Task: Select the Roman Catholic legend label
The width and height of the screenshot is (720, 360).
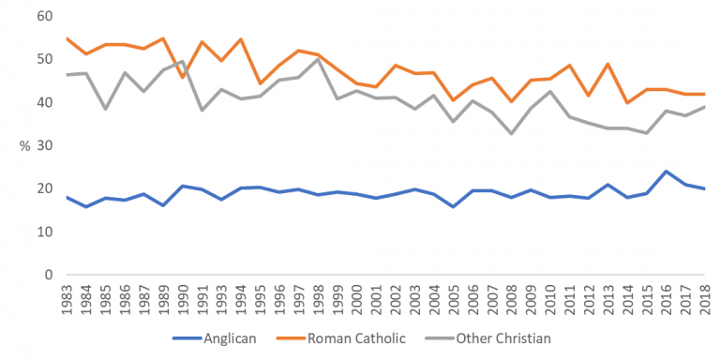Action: click(361, 338)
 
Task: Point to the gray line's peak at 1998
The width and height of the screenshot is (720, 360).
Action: click(322, 60)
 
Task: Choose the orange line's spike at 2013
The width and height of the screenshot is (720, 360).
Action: click(612, 64)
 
